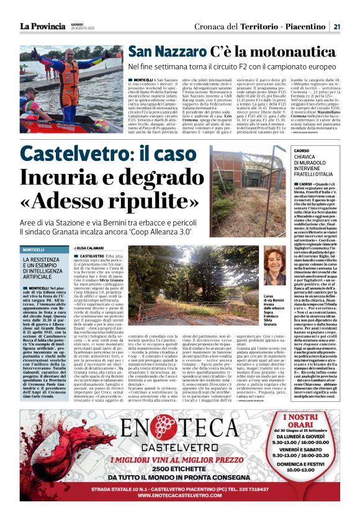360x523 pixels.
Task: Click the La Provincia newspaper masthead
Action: point(42,26)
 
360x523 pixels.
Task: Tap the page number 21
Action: point(336,26)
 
